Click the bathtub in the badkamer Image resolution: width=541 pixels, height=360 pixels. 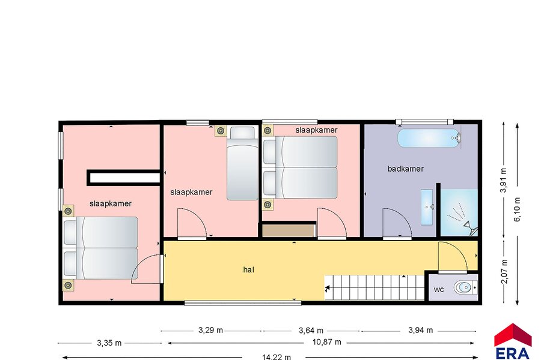pyautogui.click(x=429, y=138)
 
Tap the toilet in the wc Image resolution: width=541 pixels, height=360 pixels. pyautogui.click(x=465, y=287)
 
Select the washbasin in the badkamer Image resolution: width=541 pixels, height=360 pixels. pyautogui.click(x=427, y=206)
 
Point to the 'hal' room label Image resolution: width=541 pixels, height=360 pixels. pyautogui.click(x=248, y=270)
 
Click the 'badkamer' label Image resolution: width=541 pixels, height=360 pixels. pyautogui.click(x=405, y=169)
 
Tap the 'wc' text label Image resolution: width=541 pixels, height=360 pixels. pyautogui.click(x=439, y=290)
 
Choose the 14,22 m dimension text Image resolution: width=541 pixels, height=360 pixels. pyautogui.click(x=276, y=357)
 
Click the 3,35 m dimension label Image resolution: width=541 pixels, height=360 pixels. pyautogui.click(x=109, y=343)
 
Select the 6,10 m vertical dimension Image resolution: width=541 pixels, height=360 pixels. pyautogui.click(x=517, y=209)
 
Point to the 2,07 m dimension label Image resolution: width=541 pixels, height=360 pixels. pyautogui.click(x=504, y=271)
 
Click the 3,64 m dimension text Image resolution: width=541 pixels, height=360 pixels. pyautogui.click(x=311, y=331)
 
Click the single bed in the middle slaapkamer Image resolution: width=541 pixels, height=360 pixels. pyautogui.click(x=242, y=163)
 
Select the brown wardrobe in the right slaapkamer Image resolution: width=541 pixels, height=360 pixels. pyautogui.click(x=289, y=231)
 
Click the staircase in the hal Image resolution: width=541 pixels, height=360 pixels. pyautogui.click(x=374, y=287)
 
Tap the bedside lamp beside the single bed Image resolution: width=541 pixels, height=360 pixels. pyautogui.click(x=221, y=131)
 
